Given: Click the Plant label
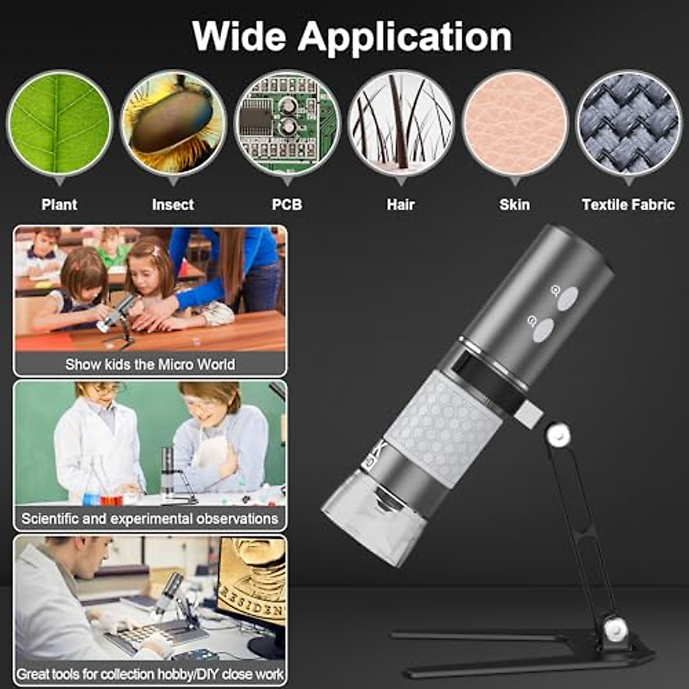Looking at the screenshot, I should coord(59,204).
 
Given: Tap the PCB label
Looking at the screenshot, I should coord(287,204).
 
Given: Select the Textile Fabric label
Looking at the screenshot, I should coord(628,204).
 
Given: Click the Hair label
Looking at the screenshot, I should coord(401,204).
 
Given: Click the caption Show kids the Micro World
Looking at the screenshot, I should coord(150,365).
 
